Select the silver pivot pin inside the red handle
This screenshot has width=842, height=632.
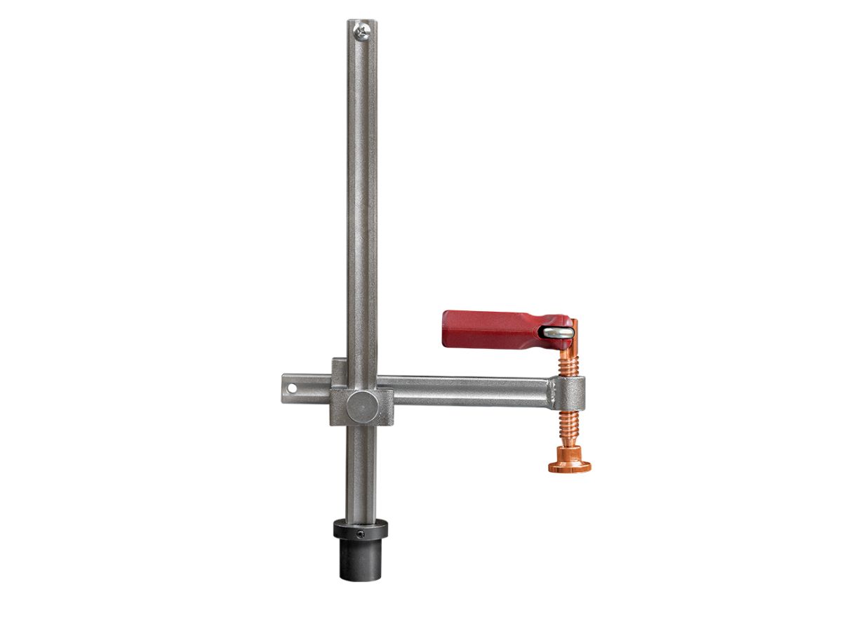[559, 332]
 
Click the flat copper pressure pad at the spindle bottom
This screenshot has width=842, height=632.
[569, 466]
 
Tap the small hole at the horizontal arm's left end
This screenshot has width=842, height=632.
[292, 388]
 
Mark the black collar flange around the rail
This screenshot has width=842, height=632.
[361, 528]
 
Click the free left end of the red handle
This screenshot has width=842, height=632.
[447, 329]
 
